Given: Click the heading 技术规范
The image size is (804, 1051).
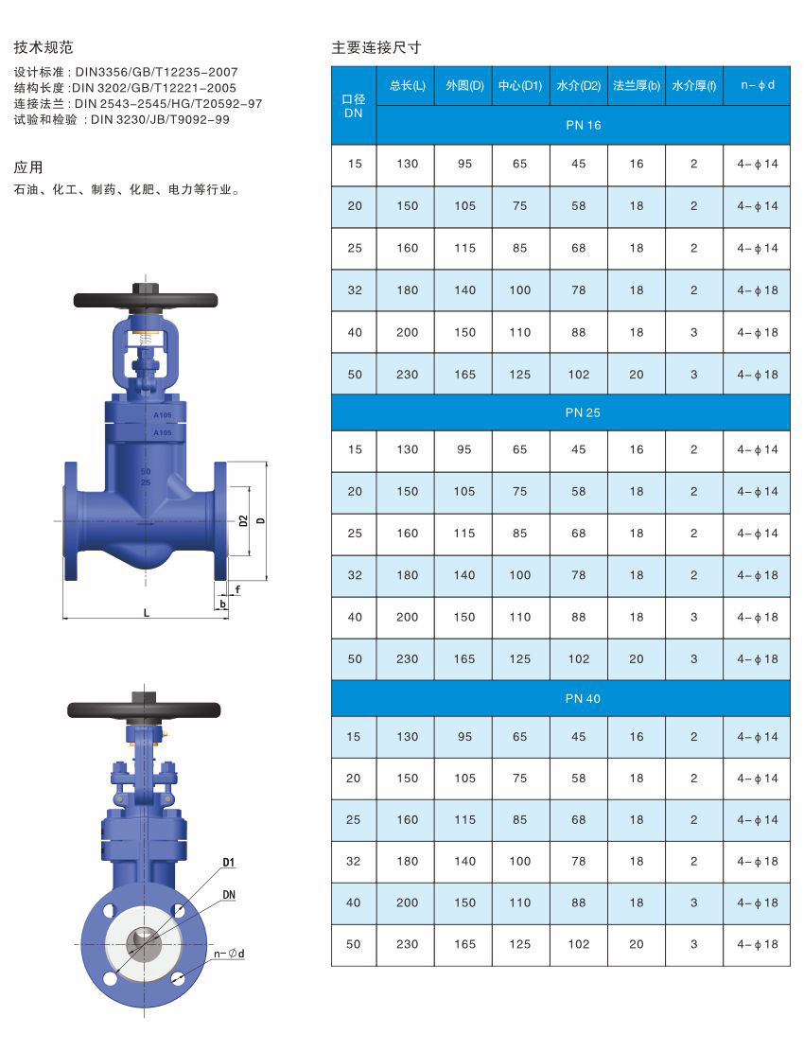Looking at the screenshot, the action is pyautogui.click(x=43, y=47).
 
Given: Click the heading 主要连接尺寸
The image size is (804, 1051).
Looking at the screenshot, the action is pyautogui.click(x=376, y=47).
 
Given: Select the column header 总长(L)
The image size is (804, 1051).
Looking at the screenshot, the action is pyautogui.click(x=408, y=85).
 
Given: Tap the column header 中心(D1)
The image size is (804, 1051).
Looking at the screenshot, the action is pyautogui.click(x=520, y=85).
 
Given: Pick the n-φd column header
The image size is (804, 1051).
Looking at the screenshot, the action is pyautogui.click(x=757, y=85).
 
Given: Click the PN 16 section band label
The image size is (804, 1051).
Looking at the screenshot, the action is pyautogui.click(x=583, y=125).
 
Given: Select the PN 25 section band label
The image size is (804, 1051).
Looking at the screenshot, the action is pyautogui.click(x=583, y=412).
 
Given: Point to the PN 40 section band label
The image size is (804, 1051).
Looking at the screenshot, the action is pyautogui.click(x=583, y=698).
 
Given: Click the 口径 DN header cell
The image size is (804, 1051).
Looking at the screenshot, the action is pyautogui.click(x=354, y=106).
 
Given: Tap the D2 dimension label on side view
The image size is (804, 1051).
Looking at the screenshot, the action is pyautogui.click(x=243, y=521).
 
